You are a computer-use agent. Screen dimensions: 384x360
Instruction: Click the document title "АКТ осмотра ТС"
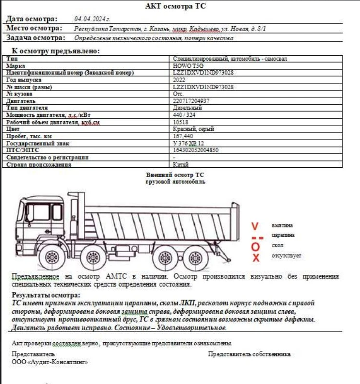178,7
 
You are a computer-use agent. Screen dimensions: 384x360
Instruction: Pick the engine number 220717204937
191,101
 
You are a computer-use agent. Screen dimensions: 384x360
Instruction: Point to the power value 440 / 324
185,115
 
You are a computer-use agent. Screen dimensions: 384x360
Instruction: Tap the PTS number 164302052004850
196,150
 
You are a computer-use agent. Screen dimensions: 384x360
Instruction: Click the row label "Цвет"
13,129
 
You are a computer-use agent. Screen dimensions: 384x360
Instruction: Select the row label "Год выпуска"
24,80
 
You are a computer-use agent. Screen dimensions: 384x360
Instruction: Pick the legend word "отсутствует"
287,255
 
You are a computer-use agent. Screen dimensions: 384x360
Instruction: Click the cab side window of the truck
38,213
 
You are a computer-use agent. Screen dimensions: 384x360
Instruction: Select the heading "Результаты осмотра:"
46,295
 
